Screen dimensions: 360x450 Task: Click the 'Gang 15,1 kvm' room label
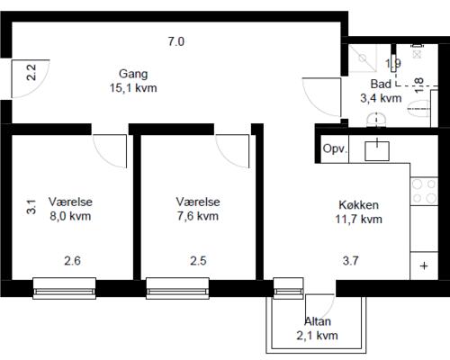point(132,81)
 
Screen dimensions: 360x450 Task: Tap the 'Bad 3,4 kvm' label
point(380,92)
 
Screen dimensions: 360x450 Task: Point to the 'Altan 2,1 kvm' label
point(317,328)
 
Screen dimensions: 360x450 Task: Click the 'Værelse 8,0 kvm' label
point(70,210)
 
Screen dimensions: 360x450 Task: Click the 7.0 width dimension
point(175,41)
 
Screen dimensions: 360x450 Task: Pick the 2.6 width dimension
point(72,262)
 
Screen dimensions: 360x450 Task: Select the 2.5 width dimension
point(198,262)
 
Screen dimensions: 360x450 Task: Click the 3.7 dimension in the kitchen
point(351,262)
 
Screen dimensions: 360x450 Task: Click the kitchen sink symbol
point(376,149)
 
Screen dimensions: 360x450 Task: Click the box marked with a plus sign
point(423,266)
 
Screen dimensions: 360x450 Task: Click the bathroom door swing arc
point(317,94)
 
